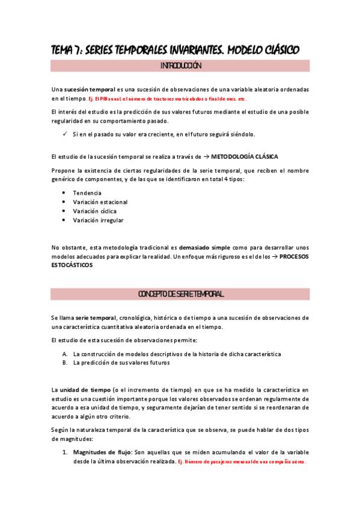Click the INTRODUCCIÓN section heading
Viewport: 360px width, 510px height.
(180, 66)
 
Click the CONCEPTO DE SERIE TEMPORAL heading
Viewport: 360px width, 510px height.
(180, 294)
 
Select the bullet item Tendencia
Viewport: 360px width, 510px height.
(87, 192)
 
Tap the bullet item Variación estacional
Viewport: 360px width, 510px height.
(100, 202)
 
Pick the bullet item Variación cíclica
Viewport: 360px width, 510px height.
(94, 211)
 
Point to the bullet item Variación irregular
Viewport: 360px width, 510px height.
(98, 221)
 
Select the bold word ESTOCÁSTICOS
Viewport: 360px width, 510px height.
(72, 265)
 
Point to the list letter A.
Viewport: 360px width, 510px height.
(65, 354)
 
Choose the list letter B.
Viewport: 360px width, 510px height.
(65, 363)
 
